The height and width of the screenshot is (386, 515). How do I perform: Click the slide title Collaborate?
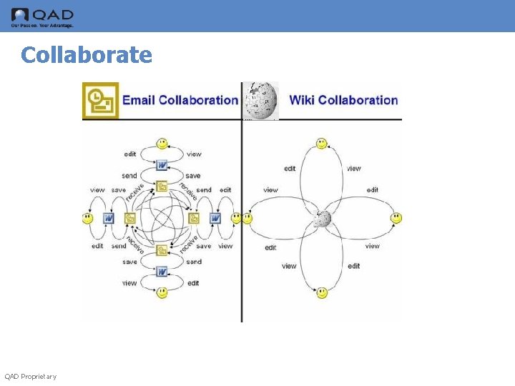pyautogui.click(x=87, y=55)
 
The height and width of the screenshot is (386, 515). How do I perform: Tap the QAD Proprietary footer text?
pyautogui.click(x=30, y=377)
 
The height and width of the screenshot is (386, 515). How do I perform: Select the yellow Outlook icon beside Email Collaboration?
pyautogui.click(x=100, y=101)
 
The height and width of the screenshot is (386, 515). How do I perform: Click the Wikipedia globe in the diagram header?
pyautogui.click(x=260, y=101)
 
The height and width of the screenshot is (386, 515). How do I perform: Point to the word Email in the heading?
pyautogui.click(x=139, y=101)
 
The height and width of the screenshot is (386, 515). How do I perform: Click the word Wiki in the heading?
pyautogui.click(x=302, y=101)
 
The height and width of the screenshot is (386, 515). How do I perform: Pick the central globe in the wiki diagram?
pyautogui.click(x=323, y=218)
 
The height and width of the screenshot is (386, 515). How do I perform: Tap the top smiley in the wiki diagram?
pyautogui.click(x=322, y=144)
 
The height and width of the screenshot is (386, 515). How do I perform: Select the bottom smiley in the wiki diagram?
pyautogui.click(x=322, y=292)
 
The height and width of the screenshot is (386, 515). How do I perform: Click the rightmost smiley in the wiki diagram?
pyautogui.click(x=396, y=218)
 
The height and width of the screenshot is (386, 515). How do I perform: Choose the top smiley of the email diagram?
pyautogui.click(x=162, y=143)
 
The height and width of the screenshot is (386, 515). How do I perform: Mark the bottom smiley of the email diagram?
pyautogui.click(x=162, y=292)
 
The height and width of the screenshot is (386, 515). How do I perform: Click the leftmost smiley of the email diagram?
pyautogui.click(x=88, y=218)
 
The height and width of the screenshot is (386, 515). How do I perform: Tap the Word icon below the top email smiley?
pyautogui.click(x=162, y=165)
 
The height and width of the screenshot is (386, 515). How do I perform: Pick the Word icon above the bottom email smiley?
pyautogui.click(x=162, y=272)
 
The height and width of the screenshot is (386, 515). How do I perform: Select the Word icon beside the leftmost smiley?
pyautogui.click(x=109, y=218)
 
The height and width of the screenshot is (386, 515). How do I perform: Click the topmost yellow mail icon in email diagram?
pyautogui.click(x=162, y=187)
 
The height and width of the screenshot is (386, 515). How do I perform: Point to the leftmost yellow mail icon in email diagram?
pyautogui.click(x=130, y=218)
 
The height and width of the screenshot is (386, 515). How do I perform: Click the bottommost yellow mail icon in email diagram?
pyautogui.click(x=162, y=250)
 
